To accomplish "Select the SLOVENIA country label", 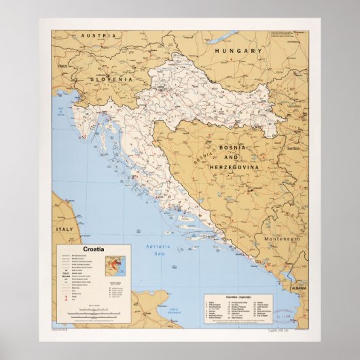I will point(107,79).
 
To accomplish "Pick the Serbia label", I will point(293,148).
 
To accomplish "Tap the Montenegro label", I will point(282,239).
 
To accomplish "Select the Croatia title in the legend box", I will point(93,250).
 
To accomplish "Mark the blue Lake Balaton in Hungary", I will point(224,36).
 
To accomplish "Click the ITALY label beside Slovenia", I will point(63,67).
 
